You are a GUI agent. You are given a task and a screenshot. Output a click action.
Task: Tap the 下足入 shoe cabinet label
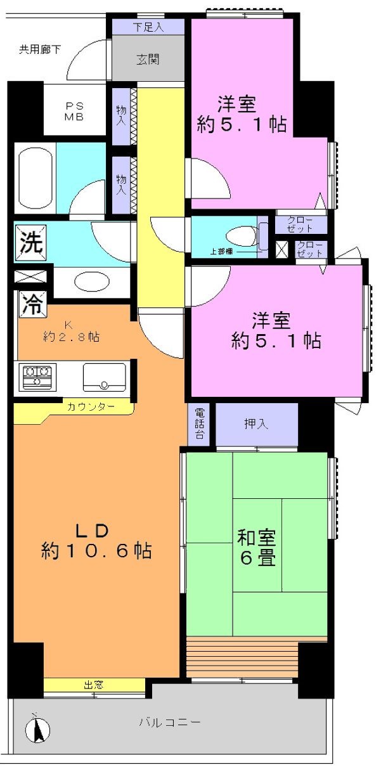(148, 27)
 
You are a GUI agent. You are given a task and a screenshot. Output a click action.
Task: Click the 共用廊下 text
(40, 49)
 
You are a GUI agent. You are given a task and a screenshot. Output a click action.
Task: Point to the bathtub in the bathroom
(35, 177)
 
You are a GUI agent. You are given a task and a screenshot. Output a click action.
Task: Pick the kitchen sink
(104, 377)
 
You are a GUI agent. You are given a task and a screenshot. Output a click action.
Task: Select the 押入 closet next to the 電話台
(256, 423)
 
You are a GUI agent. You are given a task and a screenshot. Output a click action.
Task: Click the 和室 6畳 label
(256, 548)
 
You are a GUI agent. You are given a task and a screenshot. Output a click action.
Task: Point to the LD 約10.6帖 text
(96, 540)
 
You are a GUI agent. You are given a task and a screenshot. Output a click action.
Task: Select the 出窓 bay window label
(93, 685)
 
